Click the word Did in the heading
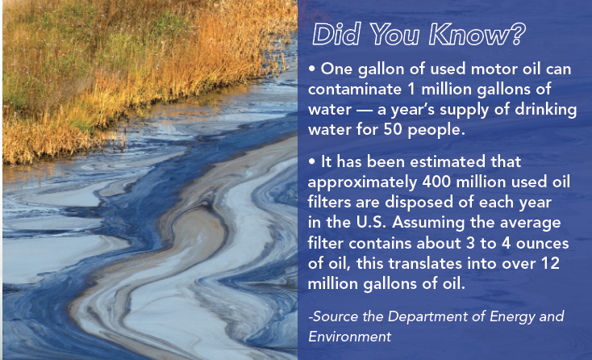tap(336, 35)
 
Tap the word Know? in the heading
tap(477, 35)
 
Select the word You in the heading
tap(394, 35)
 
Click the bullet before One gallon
tap(311, 69)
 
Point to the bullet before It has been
tap(311, 161)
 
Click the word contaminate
tap(355, 90)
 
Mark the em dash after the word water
tap(364, 111)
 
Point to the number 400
tap(436, 182)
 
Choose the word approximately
tap(362, 183)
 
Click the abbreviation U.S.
tap(371, 223)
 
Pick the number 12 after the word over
tap(550, 263)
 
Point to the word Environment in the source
tap(349, 337)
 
